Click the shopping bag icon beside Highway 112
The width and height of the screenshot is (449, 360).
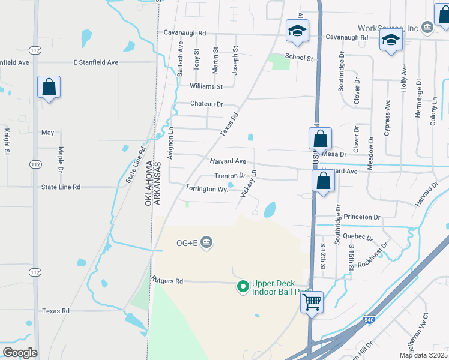(49, 87)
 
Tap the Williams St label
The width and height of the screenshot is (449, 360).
(206, 86)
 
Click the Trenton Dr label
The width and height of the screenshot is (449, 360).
(231, 176)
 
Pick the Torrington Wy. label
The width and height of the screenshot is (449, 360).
(207, 188)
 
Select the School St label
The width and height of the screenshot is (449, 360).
(299, 57)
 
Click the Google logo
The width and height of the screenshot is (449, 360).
(19, 353)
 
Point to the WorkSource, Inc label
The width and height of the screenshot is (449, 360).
(387, 28)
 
